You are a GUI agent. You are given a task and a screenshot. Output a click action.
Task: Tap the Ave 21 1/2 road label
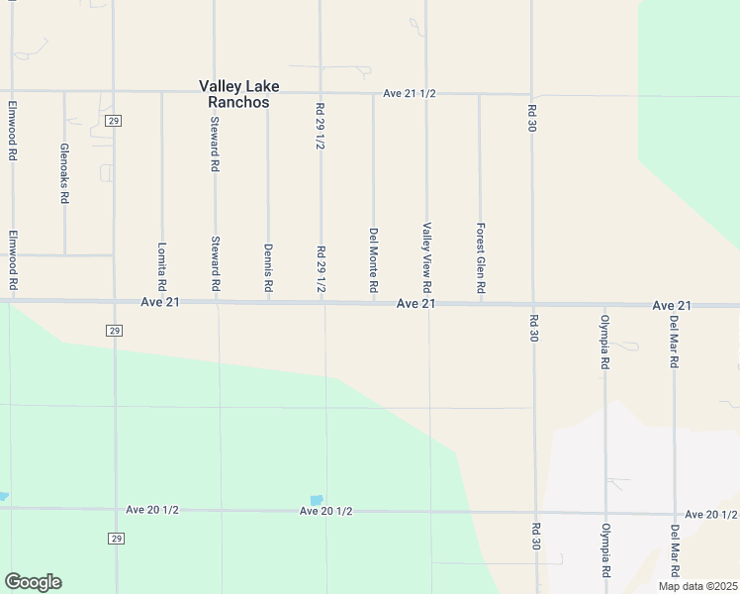point(411,94)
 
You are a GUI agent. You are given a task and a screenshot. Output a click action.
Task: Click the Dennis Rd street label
point(268,267)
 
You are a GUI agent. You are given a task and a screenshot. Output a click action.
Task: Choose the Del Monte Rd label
point(374,260)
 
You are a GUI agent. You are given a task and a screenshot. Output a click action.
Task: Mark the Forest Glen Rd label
point(481,257)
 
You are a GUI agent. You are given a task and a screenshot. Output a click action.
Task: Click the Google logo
point(33,582)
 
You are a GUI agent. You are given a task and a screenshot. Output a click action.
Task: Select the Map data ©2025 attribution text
point(697,586)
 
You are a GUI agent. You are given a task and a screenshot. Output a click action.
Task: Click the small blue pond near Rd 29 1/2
point(317,500)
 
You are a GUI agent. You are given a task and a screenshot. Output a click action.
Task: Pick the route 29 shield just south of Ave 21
point(115,330)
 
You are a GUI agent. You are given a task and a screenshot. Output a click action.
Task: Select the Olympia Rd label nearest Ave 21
point(604,343)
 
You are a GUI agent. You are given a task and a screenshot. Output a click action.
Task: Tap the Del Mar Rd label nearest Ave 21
point(674,343)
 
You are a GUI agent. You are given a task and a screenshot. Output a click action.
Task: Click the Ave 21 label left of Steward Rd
point(160,302)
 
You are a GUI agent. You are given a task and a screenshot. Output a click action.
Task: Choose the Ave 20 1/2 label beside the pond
point(326,511)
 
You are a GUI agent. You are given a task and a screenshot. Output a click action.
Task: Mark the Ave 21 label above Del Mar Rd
point(672,306)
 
